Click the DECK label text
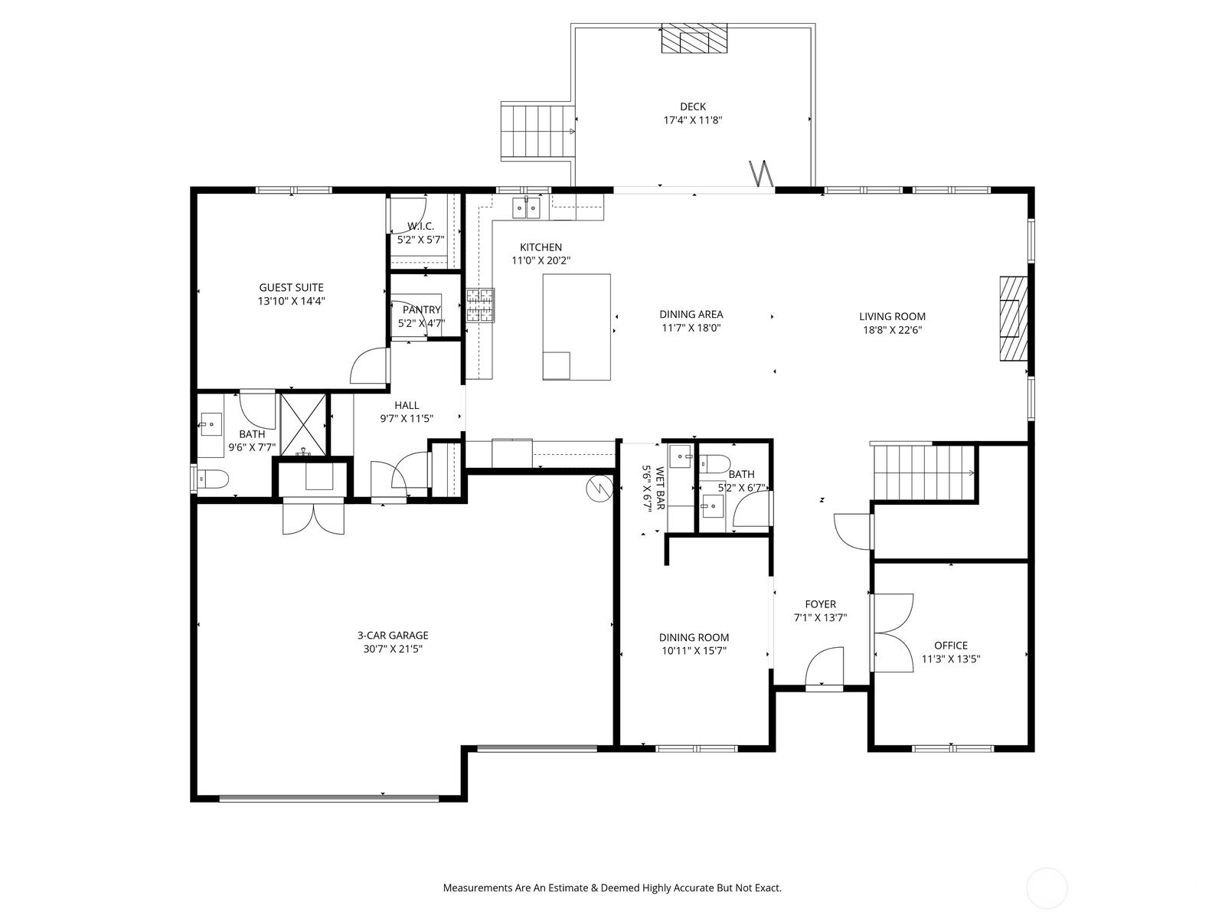click(692, 106)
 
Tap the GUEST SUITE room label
click(291, 288)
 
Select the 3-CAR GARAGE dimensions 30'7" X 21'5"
click(393, 649)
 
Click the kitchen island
click(577, 327)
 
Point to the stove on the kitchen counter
click(480, 305)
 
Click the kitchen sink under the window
click(526, 207)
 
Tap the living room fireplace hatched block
click(1011, 318)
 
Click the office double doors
click(892, 633)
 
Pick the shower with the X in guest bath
click(302, 424)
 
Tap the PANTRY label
click(421, 309)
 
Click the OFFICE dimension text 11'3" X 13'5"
click(950, 659)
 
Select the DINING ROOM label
click(694, 637)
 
